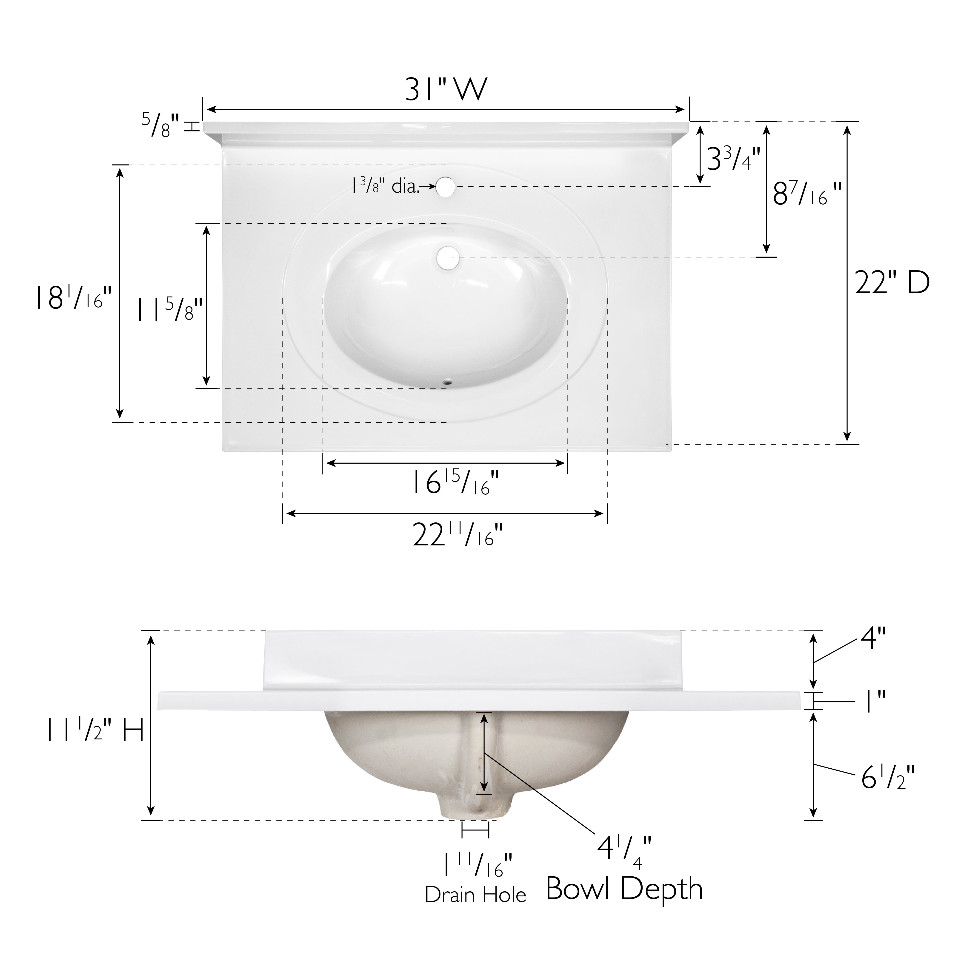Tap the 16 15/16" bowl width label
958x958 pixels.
(455, 483)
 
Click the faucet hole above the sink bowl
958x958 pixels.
(446, 186)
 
